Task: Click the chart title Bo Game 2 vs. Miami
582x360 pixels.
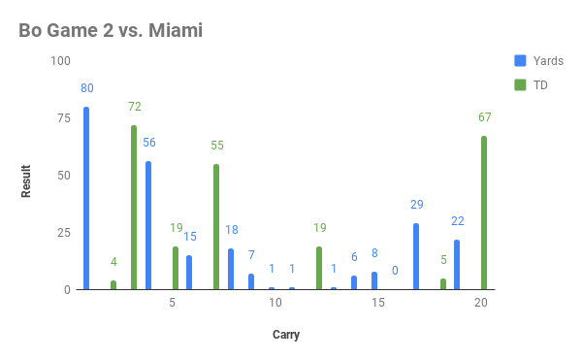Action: pos(111,31)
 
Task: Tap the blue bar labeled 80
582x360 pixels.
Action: pos(86,198)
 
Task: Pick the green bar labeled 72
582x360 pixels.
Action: pos(134,208)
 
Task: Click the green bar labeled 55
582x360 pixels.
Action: pos(216,227)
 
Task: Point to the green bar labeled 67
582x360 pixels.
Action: pos(484,213)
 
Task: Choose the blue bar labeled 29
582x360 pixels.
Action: pos(416,256)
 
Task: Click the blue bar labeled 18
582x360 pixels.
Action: pos(231,269)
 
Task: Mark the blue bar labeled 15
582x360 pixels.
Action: pos(189,273)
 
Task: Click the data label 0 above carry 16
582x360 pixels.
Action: pos(396,271)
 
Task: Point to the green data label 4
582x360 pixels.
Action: pos(113,261)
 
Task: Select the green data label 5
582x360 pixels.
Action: pos(443,259)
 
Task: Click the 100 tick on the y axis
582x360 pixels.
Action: pos(61,61)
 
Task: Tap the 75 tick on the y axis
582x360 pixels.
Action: pos(64,118)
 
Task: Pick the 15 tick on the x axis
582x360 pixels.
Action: pos(377,304)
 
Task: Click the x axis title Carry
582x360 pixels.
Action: pos(285,336)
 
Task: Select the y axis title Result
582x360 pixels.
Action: pos(27,180)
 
